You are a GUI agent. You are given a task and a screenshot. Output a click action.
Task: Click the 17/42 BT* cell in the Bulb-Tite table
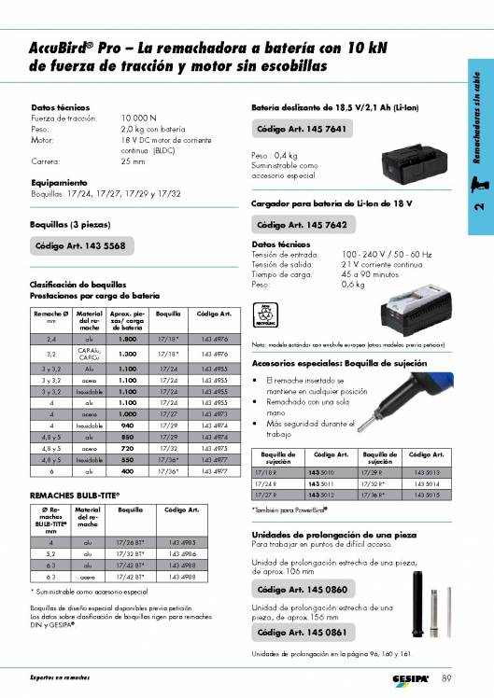click(x=130, y=577)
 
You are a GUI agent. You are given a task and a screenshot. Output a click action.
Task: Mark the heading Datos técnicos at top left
click(x=60, y=108)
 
